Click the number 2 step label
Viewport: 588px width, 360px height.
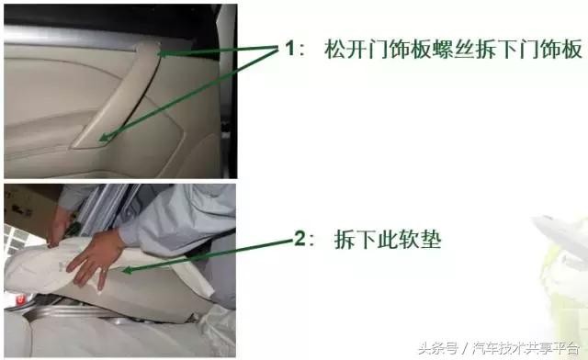pos(299,240)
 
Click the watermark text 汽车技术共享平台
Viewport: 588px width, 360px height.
pos(526,348)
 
